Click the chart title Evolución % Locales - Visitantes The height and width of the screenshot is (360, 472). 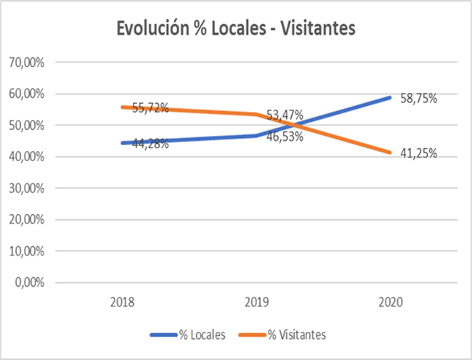[x=235, y=28]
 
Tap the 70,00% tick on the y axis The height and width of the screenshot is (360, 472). [x=27, y=62]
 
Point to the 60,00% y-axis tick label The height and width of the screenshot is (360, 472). [x=27, y=94]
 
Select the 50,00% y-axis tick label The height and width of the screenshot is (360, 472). [x=27, y=126]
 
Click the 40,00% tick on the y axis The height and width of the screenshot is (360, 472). [x=27, y=157]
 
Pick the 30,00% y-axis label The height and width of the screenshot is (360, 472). [x=27, y=189]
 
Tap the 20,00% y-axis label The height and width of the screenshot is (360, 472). [x=27, y=220]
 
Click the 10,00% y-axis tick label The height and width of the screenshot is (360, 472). [x=27, y=252]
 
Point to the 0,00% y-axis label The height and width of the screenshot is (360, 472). [x=30, y=283]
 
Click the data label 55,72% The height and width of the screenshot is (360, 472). [x=150, y=108]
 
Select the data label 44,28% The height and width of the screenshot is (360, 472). [x=150, y=144]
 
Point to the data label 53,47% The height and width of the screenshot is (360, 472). [x=285, y=115]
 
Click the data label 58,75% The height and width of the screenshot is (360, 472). [x=419, y=98]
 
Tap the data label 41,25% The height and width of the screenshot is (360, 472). [x=419, y=153]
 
